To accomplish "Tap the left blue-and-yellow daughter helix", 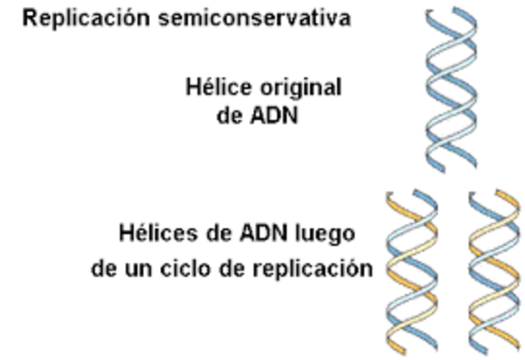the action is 413,271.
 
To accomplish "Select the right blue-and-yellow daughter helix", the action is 494,271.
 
